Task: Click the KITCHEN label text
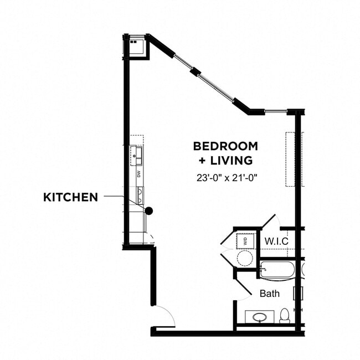tap(70, 197)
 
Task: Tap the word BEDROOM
tap(225, 146)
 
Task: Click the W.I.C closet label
tap(275, 241)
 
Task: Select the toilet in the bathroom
tap(285, 316)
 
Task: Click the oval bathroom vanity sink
tap(259, 318)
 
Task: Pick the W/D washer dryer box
tap(245, 241)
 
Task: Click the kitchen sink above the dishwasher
tap(136, 156)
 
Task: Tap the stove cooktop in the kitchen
tap(139, 196)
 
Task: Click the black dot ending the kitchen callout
tap(148, 210)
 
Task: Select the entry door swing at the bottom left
tap(164, 316)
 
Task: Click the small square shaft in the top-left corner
tap(135, 46)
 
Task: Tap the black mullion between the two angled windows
tap(194, 71)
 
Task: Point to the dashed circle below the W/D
tap(245, 258)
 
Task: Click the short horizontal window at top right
tap(276, 112)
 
